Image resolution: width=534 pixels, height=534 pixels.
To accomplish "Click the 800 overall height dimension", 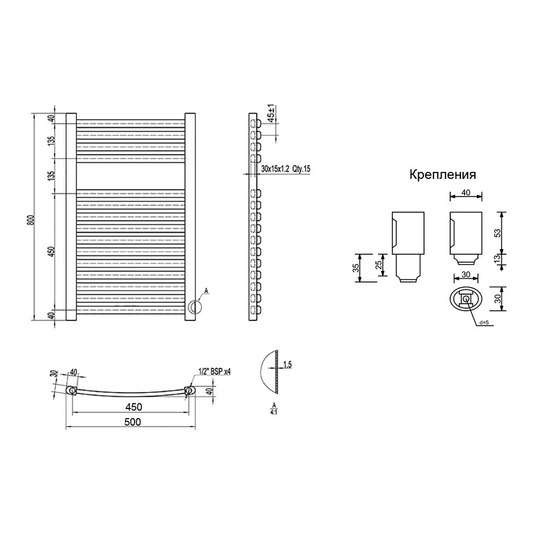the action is point(30,220).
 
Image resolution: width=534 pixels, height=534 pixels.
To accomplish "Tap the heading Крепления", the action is point(442,175).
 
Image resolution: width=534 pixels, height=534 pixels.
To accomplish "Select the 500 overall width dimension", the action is point(132,422).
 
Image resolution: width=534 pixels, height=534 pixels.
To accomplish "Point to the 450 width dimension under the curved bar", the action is point(133,407).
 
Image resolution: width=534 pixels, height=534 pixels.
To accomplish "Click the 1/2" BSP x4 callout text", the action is point(214,371).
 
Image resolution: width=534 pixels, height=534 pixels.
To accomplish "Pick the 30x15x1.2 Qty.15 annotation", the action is point(285,169).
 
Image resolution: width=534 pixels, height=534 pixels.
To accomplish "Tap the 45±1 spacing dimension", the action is point(271,113).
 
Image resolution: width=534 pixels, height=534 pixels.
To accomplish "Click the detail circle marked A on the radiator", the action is point(195,307).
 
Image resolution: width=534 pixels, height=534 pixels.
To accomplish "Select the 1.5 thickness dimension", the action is point(287,364).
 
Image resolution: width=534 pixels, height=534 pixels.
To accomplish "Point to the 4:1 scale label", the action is point(274,412).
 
